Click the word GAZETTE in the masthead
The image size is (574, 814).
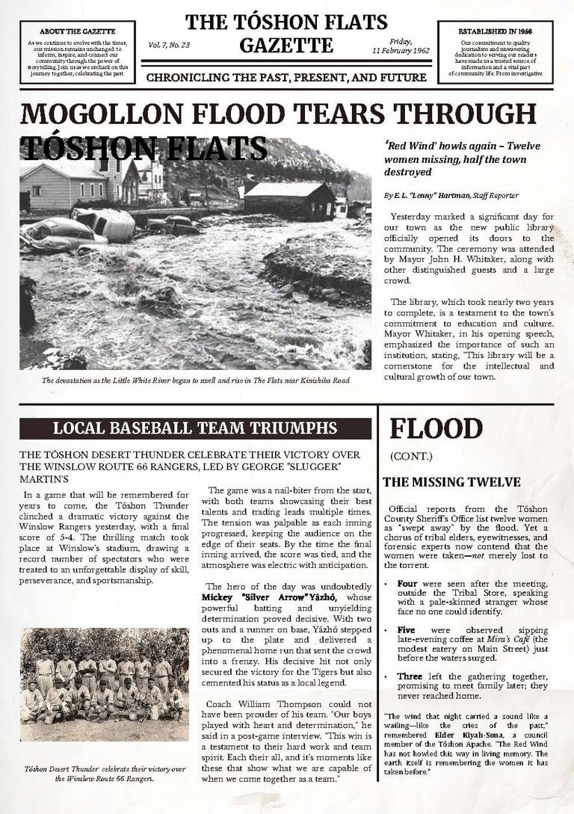pyautogui.click(x=286, y=46)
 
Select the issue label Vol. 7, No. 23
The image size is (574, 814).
pyautogui.click(x=169, y=45)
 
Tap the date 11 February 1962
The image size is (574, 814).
pyautogui.click(x=401, y=50)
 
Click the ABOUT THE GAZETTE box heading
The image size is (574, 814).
pyautogui.click(x=77, y=31)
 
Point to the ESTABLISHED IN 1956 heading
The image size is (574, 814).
pyautogui.click(x=495, y=31)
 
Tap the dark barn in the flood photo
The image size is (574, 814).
pyautogui.click(x=289, y=200)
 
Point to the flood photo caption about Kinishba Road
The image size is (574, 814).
pyautogui.click(x=195, y=380)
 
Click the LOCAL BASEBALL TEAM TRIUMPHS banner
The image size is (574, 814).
pyautogui.click(x=195, y=428)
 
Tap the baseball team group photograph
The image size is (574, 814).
pyautogui.click(x=104, y=684)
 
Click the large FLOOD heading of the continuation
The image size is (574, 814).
pyautogui.click(x=425, y=429)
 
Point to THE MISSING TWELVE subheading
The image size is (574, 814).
pyautogui.click(x=451, y=482)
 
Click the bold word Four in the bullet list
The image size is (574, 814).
pyautogui.click(x=407, y=582)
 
